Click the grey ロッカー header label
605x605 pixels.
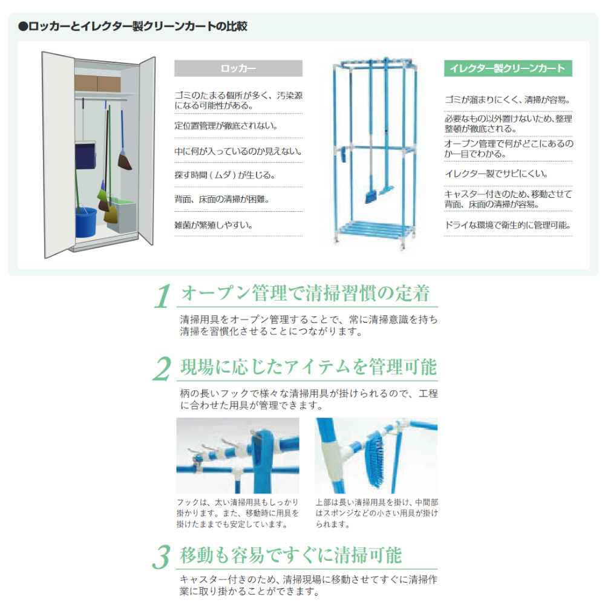238,68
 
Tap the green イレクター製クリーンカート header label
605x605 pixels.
508,68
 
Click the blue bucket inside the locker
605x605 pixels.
86,222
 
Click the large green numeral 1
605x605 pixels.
162,297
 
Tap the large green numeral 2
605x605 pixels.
162,370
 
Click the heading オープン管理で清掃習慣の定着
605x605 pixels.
306,294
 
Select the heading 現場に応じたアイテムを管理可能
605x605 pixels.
309,367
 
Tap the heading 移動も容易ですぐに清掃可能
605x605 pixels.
290,555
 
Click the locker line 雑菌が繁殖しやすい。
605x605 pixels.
214,224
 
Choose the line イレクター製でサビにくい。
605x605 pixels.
496,174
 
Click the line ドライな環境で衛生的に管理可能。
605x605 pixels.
507,226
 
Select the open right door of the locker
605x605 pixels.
146,151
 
